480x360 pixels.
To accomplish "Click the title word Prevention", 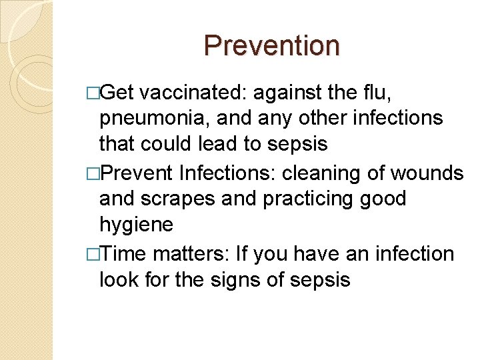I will coord(271,45).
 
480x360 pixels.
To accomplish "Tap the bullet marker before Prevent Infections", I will coord(93,174).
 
